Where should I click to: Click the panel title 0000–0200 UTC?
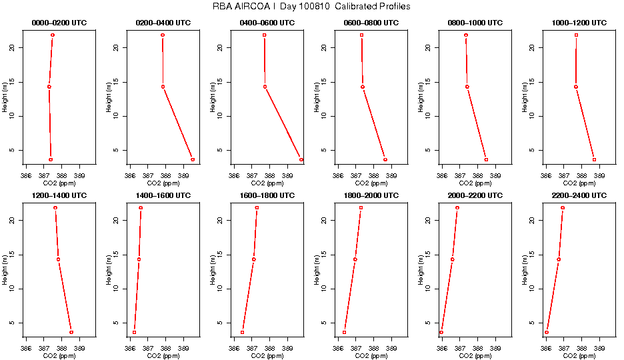tap(59, 23)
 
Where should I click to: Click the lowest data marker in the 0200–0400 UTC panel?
tap(193, 159)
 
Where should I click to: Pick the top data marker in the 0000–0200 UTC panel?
tap(53, 35)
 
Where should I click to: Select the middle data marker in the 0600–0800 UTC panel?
tap(363, 87)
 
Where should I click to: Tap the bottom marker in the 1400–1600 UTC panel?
tap(135, 332)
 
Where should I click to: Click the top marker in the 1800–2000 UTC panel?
tap(361, 207)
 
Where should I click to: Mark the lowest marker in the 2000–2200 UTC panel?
tap(441, 332)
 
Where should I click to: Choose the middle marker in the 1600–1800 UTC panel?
tap(253, 259)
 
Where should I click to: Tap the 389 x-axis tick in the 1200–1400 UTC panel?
tap(80, 348)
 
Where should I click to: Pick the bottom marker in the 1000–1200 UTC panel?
tap(594, 159)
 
